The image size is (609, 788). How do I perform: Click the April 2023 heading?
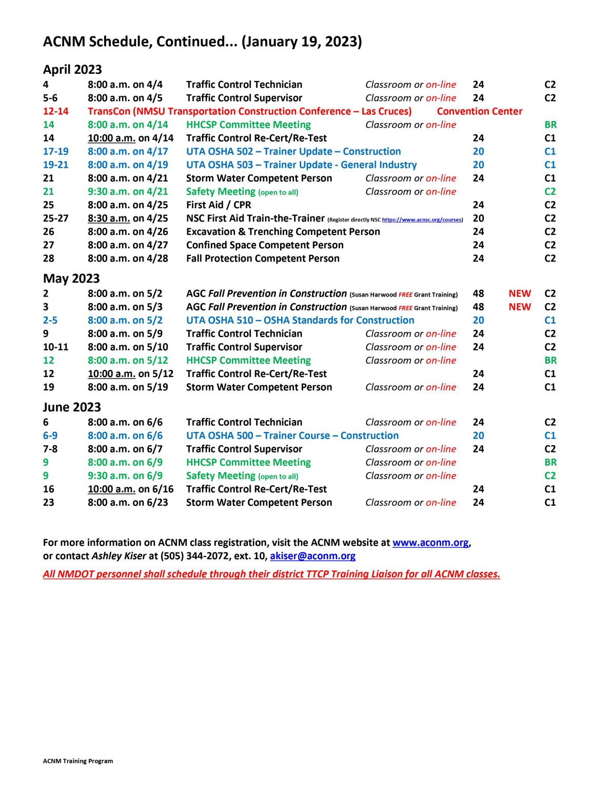coord(72,69)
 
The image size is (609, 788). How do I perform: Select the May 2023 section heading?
coord(71,278)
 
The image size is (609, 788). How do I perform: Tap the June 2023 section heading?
coord(72,407)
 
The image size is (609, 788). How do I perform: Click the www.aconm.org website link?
coord(430,542)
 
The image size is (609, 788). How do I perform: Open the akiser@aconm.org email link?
coord(312,556)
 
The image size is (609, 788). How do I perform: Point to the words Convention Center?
coord(479,111)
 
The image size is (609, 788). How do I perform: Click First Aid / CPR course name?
coord(219,205)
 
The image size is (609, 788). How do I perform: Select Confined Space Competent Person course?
coord(265,245)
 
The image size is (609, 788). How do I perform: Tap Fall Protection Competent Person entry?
coord(263,258)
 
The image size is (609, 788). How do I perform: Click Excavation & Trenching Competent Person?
coord(283,231)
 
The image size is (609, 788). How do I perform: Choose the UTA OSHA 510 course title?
coord(300,320)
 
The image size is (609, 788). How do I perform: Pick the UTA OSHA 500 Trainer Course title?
coord(292,436)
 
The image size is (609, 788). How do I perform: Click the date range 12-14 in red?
coord(55,111)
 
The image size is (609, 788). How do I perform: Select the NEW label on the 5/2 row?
coord(520,293)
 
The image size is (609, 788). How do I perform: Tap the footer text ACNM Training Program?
coord(78,761)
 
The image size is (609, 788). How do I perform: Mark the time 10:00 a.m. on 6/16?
coord(130,489)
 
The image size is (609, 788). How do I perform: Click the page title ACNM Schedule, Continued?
coord(202,42)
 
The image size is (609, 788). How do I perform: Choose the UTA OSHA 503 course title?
coord(301,165)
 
